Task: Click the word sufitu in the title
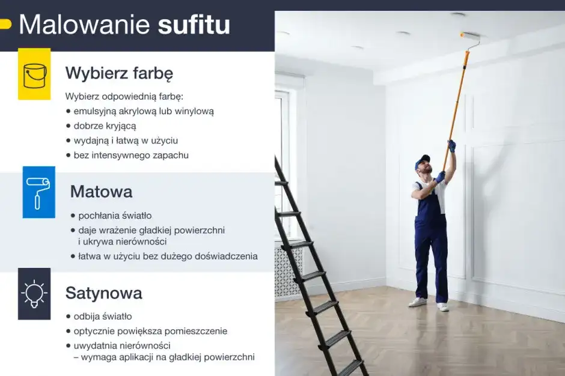click(194, 26)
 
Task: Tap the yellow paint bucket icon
click(34, 74)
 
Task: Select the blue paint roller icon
click(39, 192)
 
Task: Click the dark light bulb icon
click(34, 294)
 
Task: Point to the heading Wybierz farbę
click(119, 73)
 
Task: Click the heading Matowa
click(101, 192)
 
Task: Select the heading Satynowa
click(103, 293)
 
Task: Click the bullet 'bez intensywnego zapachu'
click(130, 155)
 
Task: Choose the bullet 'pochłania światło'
click(115, 215)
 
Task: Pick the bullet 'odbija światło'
click(102, 316)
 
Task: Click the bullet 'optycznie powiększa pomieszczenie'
click(150, 331)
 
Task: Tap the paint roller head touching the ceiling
click(470, 37)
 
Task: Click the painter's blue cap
click(423, 161)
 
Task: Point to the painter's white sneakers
click(428, 304)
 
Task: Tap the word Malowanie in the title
click(84, 26)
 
